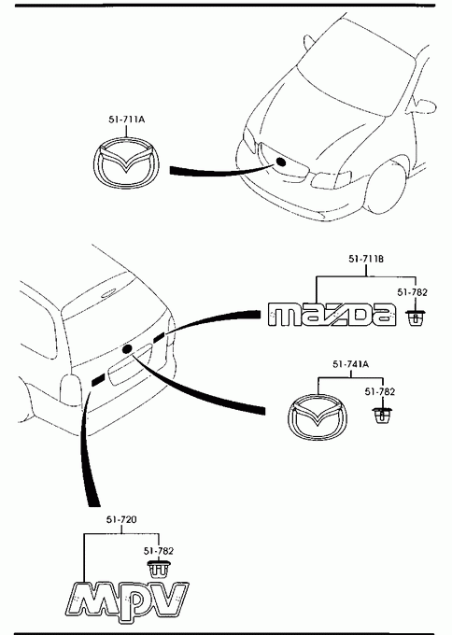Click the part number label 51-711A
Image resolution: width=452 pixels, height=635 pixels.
127,120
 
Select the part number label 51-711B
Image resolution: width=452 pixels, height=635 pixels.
366,259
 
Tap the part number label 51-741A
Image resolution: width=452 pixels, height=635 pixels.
351,364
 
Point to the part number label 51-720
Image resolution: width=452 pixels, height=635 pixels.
121,519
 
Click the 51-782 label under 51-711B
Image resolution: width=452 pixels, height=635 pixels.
412,292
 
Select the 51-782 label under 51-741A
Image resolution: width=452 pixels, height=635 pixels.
379,391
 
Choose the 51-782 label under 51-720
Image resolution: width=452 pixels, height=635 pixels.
159,551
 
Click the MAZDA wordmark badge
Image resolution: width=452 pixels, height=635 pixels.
332,315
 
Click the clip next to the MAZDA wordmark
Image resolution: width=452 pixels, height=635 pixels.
416,317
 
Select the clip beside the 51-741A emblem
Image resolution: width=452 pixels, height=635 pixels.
382,416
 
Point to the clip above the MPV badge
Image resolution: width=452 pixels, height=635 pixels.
159,568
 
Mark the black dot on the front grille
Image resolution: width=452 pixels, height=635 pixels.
280,162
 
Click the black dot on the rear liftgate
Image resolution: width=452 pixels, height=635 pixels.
127,348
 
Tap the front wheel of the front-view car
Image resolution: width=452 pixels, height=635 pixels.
386,186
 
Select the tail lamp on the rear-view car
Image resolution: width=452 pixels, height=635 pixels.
70,389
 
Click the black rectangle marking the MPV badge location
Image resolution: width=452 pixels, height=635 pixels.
98,380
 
